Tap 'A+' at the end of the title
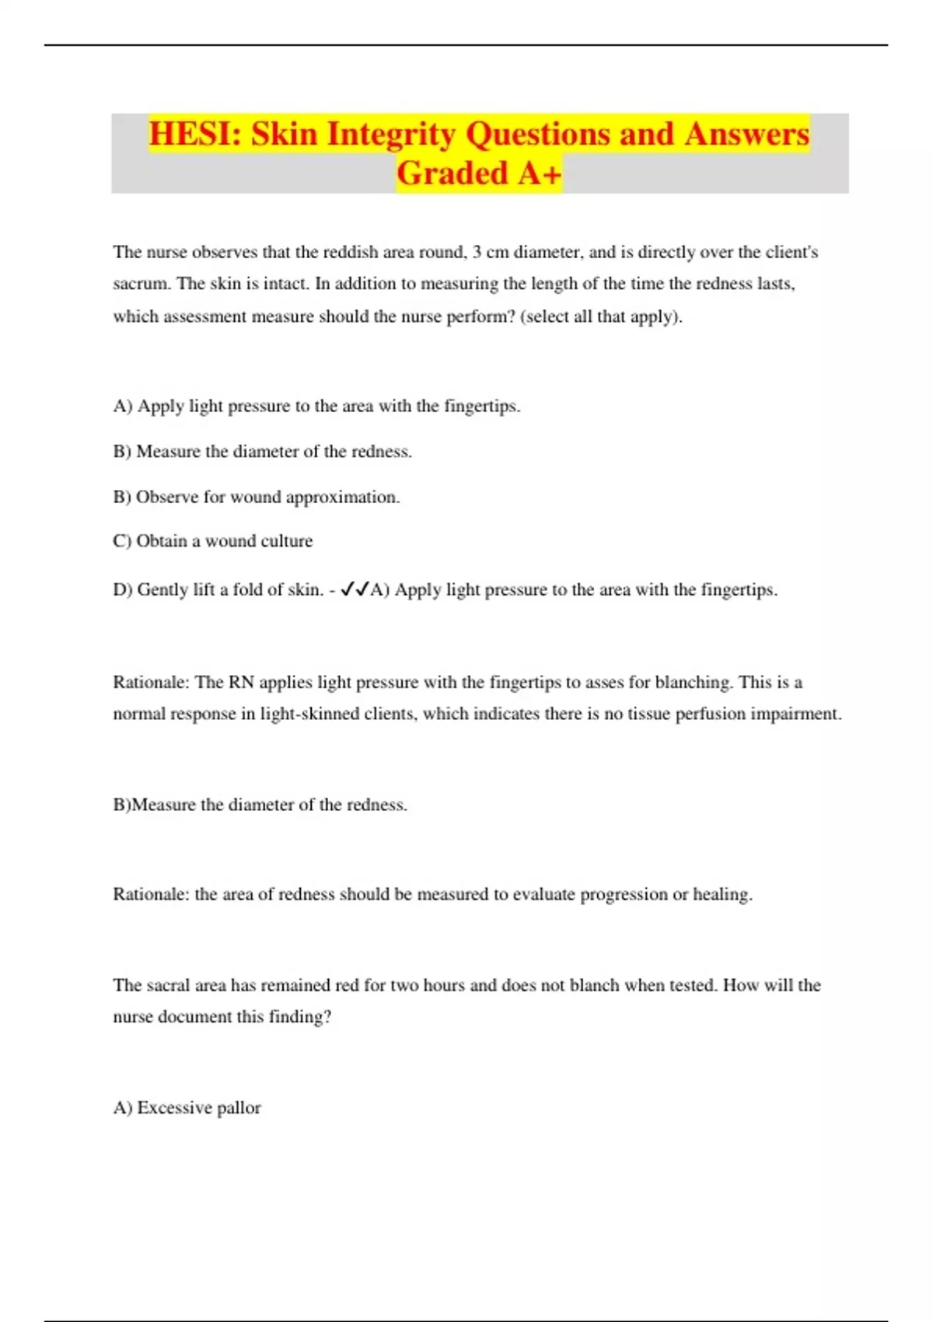(539, 173)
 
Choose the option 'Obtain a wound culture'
(224, 541)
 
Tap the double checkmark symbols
(355, 589)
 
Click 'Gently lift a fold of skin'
(229, 589)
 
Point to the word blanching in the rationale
(694, 682)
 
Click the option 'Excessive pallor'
(198, 1107)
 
